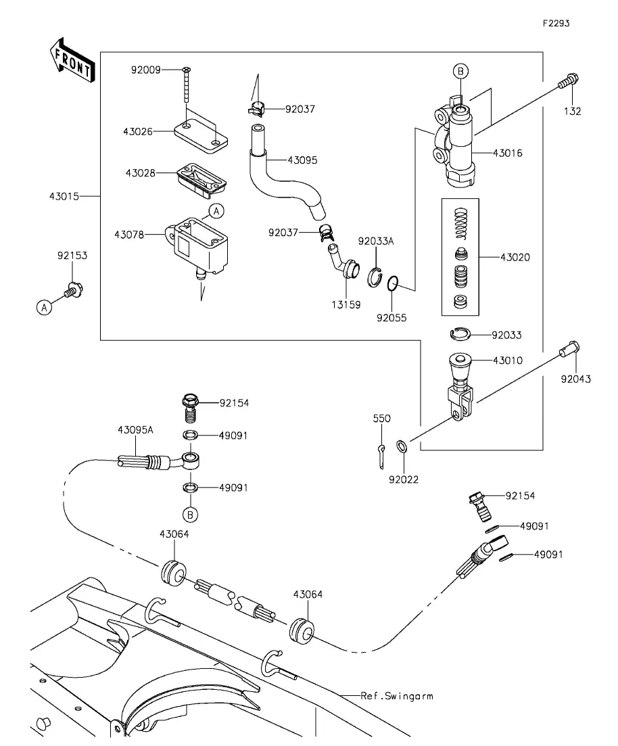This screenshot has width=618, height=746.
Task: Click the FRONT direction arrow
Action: (72, 60)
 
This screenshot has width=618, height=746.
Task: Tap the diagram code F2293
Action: (556, 23)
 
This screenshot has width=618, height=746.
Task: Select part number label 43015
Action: (64, 196)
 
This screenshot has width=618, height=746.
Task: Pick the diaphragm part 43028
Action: (201, 180)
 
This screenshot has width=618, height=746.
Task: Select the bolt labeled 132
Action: (568, 81)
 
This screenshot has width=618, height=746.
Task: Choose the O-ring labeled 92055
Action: (392, 283)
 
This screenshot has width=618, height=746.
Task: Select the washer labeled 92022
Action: (402, 446)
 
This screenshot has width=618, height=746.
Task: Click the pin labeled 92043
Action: (569, 349)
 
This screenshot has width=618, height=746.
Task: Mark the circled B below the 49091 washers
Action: (190, 514)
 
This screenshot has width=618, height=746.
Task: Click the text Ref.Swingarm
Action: (398, 696)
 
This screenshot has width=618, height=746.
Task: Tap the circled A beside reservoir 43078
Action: (216, 211)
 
